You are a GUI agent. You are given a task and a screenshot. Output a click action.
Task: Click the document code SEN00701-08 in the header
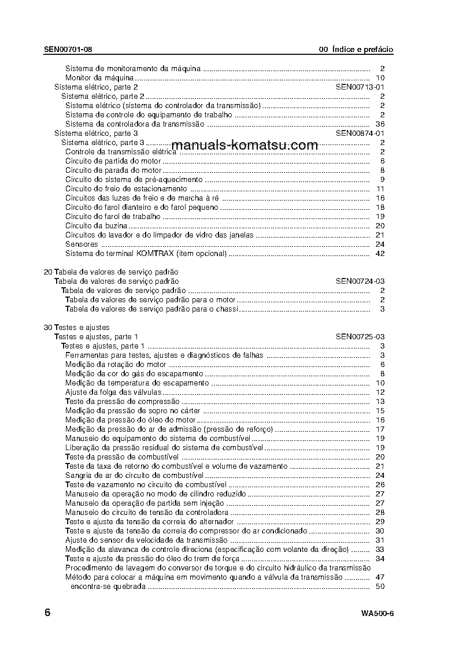[x=68, y=50]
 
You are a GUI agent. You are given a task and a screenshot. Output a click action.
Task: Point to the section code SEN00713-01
[x=360, y=87]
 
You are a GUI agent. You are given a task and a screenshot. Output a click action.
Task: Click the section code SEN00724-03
[x=360, y=281]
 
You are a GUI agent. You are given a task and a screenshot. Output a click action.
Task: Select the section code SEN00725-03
[x=360, y=336]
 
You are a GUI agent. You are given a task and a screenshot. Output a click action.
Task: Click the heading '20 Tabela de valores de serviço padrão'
[x=111, y=272]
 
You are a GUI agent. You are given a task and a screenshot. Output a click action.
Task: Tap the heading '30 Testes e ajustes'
[x=77, y=327]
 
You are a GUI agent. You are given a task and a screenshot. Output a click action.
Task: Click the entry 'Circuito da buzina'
[x=96, y=225]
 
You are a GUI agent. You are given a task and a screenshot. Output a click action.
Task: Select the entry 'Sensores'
[x=82, y=244]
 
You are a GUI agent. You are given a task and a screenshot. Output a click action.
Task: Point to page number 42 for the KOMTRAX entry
[x=380, y=253]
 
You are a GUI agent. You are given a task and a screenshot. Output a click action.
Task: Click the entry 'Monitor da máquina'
[x=99, y=77]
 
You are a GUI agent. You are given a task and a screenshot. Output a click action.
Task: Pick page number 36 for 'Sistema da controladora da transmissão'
[x=380, y=124]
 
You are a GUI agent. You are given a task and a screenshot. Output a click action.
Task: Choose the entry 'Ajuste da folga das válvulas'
[x=113, y=392]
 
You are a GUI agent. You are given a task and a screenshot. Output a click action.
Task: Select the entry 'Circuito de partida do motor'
[x=112, y=161]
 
